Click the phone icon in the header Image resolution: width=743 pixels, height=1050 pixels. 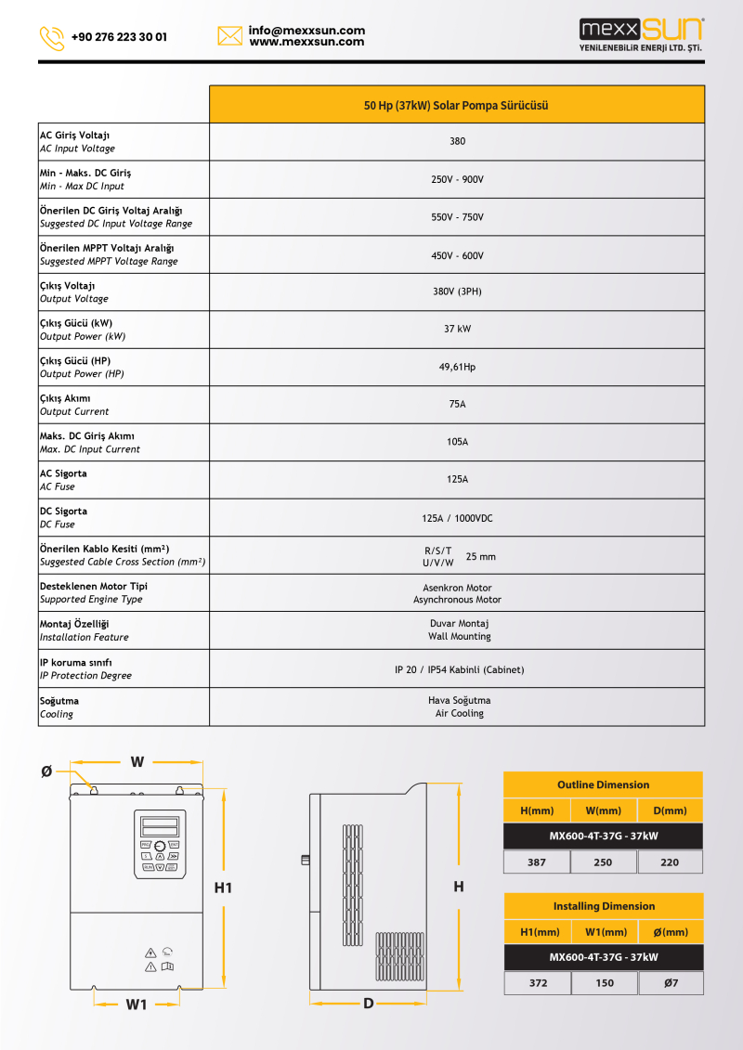[52, 38]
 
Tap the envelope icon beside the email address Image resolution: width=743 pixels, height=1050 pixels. [229, 36]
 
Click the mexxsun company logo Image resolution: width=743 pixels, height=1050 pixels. [641, 34]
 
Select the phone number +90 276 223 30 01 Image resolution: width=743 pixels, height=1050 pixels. [119, 37]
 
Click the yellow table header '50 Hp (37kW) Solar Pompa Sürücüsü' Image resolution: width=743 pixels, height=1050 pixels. [456, 105]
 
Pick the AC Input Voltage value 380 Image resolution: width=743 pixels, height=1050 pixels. [457, 142]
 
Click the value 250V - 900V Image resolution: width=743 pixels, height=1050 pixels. [457, 179]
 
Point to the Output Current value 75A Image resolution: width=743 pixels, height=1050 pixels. [457, 405]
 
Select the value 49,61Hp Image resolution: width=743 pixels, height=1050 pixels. [457, 367]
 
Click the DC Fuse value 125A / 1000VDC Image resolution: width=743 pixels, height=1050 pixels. [457, 518]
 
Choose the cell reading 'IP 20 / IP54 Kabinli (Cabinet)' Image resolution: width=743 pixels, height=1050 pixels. [457, 669]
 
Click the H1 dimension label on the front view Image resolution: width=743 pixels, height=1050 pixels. [223, 888]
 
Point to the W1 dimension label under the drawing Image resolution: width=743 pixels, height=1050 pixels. [137, 1005]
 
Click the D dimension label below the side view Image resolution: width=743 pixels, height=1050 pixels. [369, 1004]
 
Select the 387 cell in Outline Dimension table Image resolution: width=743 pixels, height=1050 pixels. [537, 862]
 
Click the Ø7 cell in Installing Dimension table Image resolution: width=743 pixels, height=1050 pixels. [671, 983]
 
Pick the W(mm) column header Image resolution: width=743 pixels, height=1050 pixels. [604, 810]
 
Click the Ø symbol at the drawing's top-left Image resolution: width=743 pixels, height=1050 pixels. [46, 771]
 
